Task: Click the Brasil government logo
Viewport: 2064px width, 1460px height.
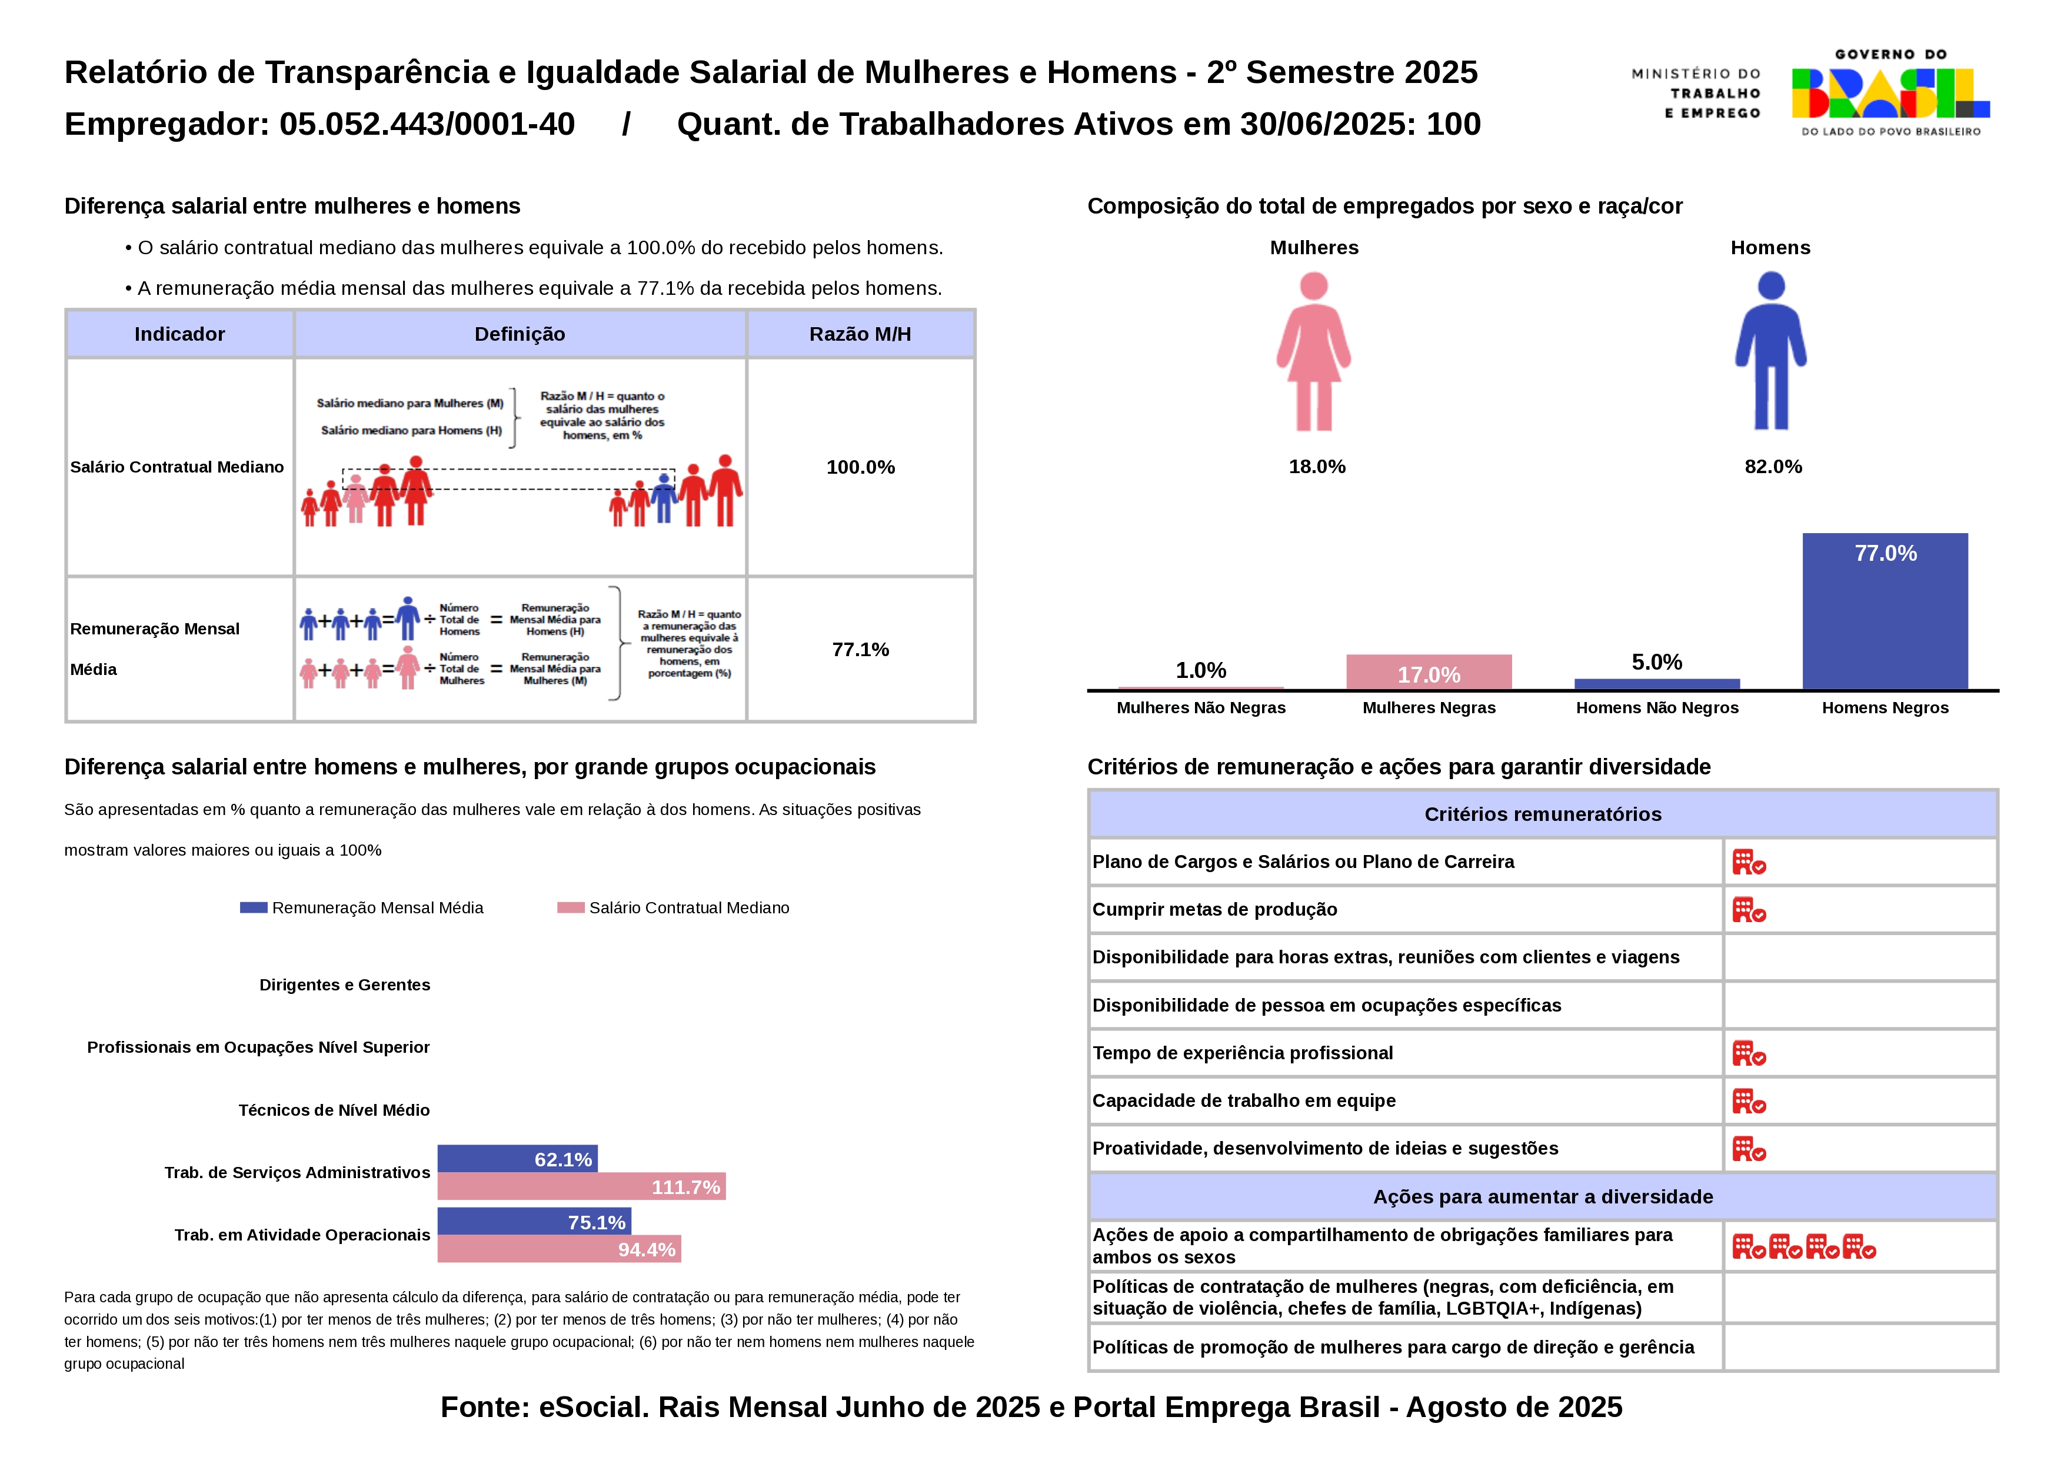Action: [x=1890, y=92]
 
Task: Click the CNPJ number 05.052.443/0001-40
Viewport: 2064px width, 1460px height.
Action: [x=427, y=124]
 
